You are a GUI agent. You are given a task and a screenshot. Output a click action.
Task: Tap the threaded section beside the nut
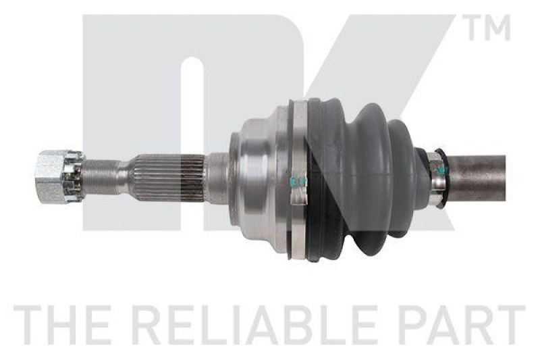coord(100,177)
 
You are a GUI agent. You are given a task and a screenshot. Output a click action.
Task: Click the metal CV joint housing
coord(260,177)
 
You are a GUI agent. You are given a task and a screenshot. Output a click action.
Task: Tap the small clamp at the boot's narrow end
coord(437,177)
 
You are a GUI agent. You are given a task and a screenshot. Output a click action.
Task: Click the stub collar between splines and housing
coord(216,178)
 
